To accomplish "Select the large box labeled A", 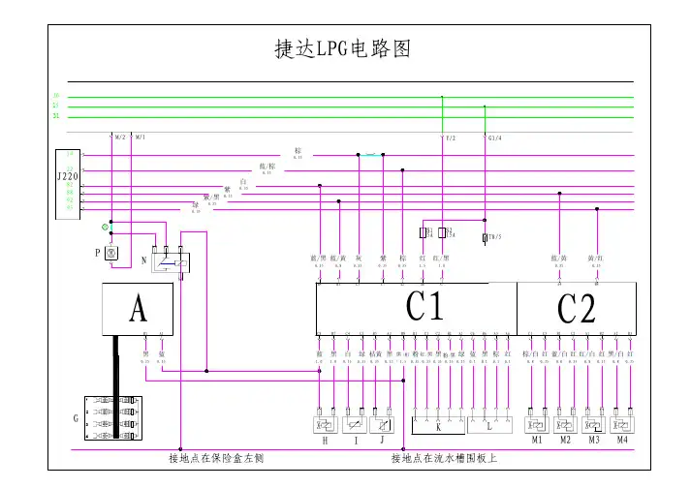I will coord(139,310).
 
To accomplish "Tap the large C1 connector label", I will coord(424,308).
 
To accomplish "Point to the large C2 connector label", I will coord(576,309).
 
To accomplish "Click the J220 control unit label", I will coord(67,176).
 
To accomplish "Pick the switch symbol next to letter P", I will coord(110,254).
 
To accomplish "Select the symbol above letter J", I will coord(385,424).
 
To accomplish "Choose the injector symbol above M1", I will coord(535,424).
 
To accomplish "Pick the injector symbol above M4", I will coord(623,424).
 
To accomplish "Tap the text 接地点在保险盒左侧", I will coord(216,458).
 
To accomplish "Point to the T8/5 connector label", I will coord(494,236).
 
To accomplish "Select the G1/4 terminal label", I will coord(494,137).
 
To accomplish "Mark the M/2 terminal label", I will coord(120,137).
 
